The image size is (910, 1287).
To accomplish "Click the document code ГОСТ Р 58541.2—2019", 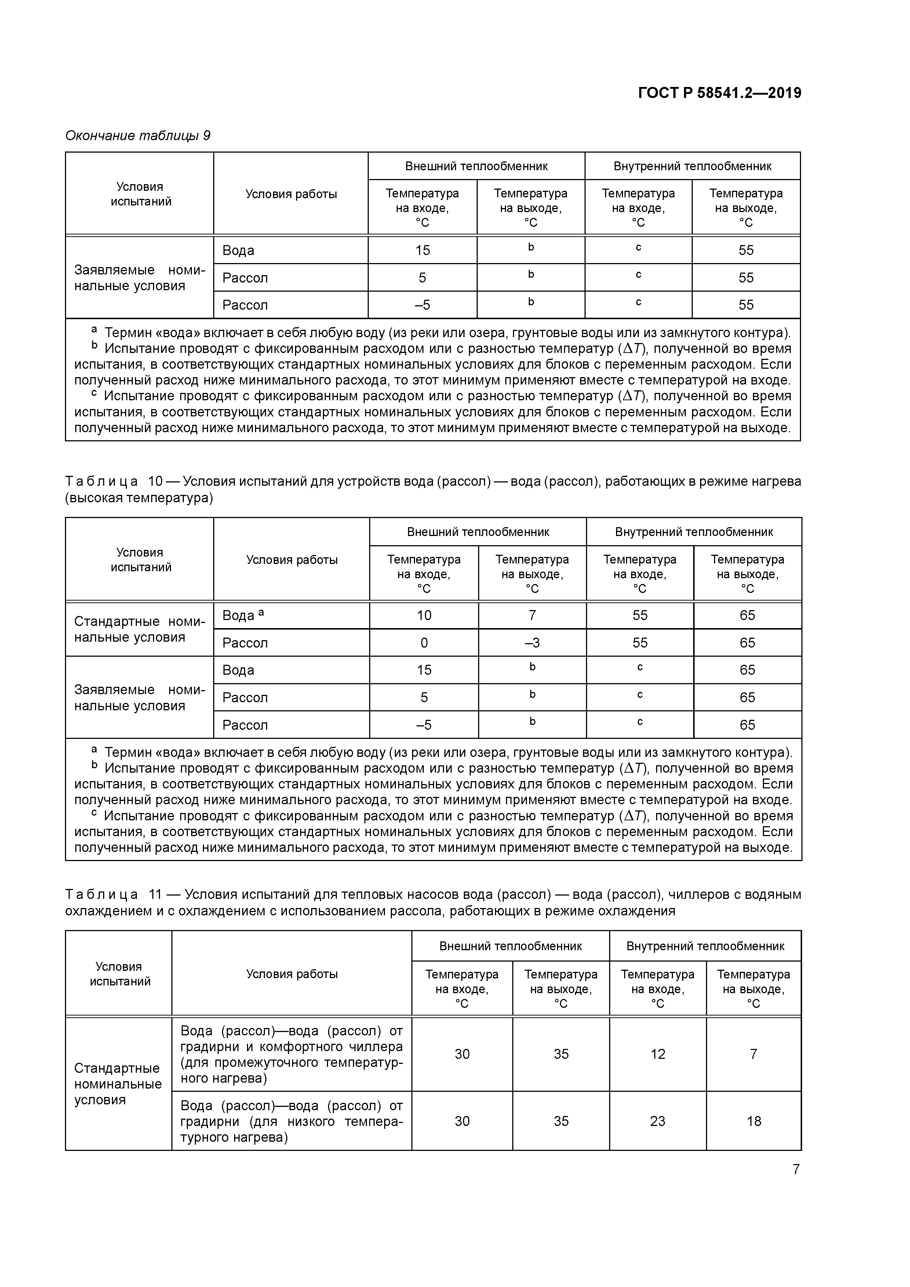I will pos(719,93).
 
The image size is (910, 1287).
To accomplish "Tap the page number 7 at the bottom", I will pos(796,1169).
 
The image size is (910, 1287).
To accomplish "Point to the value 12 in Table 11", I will pos(657,1054).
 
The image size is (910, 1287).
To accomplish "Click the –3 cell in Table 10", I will pos(532,642).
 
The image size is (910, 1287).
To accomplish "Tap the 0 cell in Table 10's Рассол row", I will pos(424,642).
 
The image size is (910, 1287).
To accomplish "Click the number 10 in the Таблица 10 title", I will pos(155,481).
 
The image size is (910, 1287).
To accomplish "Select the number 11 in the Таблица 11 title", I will pos(155,894).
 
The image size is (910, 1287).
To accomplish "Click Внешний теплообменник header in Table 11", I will pos(510,946).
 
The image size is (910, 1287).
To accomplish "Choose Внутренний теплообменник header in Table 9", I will pos(692,166).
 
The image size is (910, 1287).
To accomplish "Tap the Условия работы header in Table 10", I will pos(292,559).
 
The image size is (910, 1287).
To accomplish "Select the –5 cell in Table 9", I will pos(422,305).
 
